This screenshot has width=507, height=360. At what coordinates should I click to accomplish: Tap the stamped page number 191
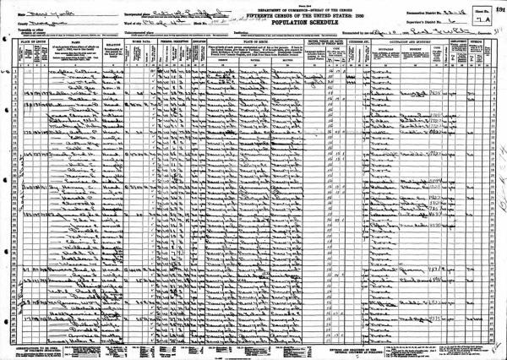point(499,4)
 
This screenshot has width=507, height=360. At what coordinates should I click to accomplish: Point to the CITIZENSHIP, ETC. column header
point(347,40)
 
